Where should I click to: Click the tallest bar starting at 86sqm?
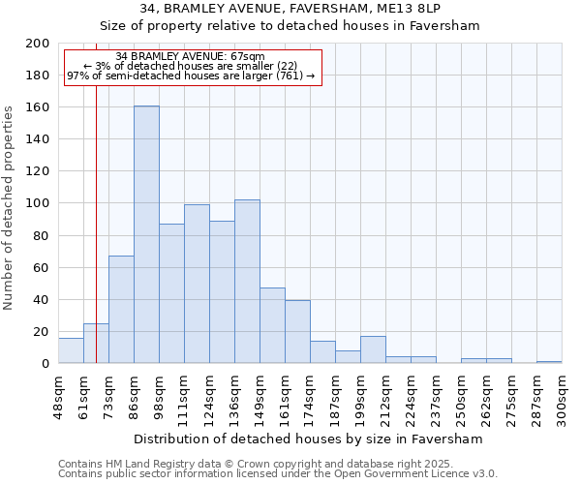pos(146,234)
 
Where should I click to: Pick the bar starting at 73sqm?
pos(121,310)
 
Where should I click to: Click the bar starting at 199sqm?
pos(373,349)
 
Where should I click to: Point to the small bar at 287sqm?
pos(549,362)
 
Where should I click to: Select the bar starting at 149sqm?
pos(272,325)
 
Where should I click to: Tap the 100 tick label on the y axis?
pos(38,203)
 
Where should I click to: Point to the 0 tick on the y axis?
pos(45,364)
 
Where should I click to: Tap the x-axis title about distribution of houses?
pos(308,439)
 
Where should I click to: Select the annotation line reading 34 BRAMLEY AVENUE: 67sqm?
pos(190,56)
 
